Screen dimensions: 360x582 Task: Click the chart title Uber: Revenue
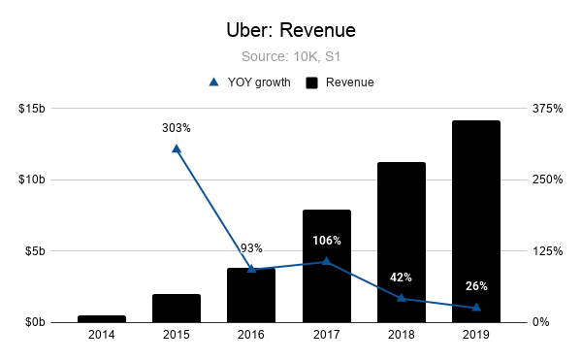click(x=290, y=32)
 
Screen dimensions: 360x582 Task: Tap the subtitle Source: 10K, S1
click(x=290, y=57)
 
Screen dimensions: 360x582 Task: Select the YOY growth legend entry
click(x=248, y=82)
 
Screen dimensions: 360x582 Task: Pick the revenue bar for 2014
click(x=102, y=318)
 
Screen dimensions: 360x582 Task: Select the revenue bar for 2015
click(x=177, y=308)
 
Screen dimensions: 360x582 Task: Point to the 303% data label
click(x=177, y=127)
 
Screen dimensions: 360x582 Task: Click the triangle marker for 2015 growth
click(x=177, y=148)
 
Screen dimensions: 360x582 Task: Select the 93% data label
click(x=251, y=248)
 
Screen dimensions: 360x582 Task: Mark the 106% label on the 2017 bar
click(x=326, y=240)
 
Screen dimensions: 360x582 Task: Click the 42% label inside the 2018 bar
click(x=401, y=277)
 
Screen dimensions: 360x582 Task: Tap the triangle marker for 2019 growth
click(x=475, y=307)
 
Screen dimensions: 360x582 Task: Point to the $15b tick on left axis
click(x=33, y=108)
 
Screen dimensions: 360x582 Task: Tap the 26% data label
click(x=475, y=286)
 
